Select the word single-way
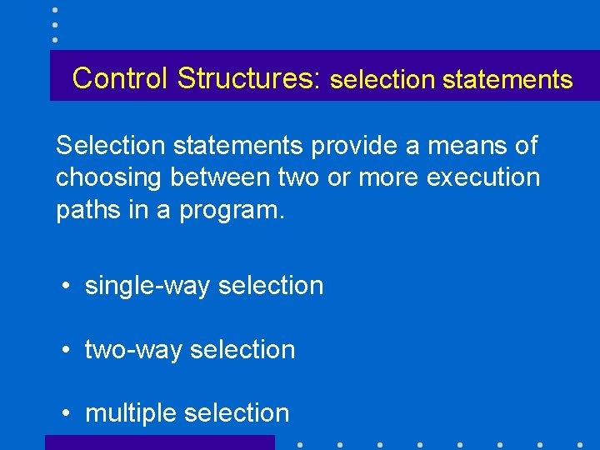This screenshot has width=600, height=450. (147, 286)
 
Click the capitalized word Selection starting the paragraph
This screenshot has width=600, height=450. (111, 146)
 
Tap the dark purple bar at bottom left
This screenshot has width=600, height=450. (159, 442)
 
